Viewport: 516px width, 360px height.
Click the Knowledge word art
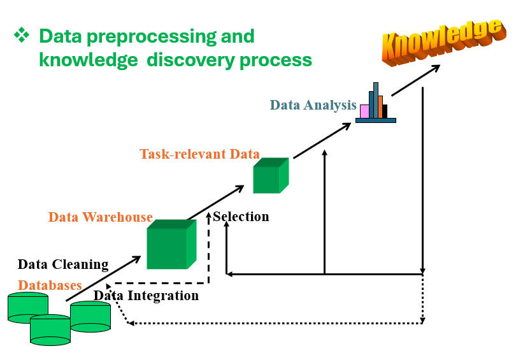(443, 42)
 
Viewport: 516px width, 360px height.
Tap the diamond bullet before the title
(22, 35)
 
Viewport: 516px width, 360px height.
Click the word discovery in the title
(191, 61)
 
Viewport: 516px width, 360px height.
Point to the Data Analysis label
(313, 105)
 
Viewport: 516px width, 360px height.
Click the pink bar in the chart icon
(364, 112)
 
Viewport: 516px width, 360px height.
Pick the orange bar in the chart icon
(380, 107)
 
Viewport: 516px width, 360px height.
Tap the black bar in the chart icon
(385, 112)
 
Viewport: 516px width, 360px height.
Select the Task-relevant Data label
(200, 154)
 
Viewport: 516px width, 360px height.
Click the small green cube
(271, 175)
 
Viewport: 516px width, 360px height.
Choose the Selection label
(241, 217)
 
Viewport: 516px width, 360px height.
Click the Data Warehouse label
(101, 217)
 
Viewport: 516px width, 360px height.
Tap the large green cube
(171, 244)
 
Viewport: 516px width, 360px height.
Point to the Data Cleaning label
(63, 264)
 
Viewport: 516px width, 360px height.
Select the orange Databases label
(50, 285)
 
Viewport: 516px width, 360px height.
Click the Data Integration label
(146, 296)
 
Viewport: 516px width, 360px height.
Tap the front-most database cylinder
(50, 330)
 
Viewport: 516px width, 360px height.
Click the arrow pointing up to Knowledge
(415, 81)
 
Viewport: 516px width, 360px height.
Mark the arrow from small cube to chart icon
(322, 141)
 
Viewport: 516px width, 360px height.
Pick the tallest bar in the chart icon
(376, 100)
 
